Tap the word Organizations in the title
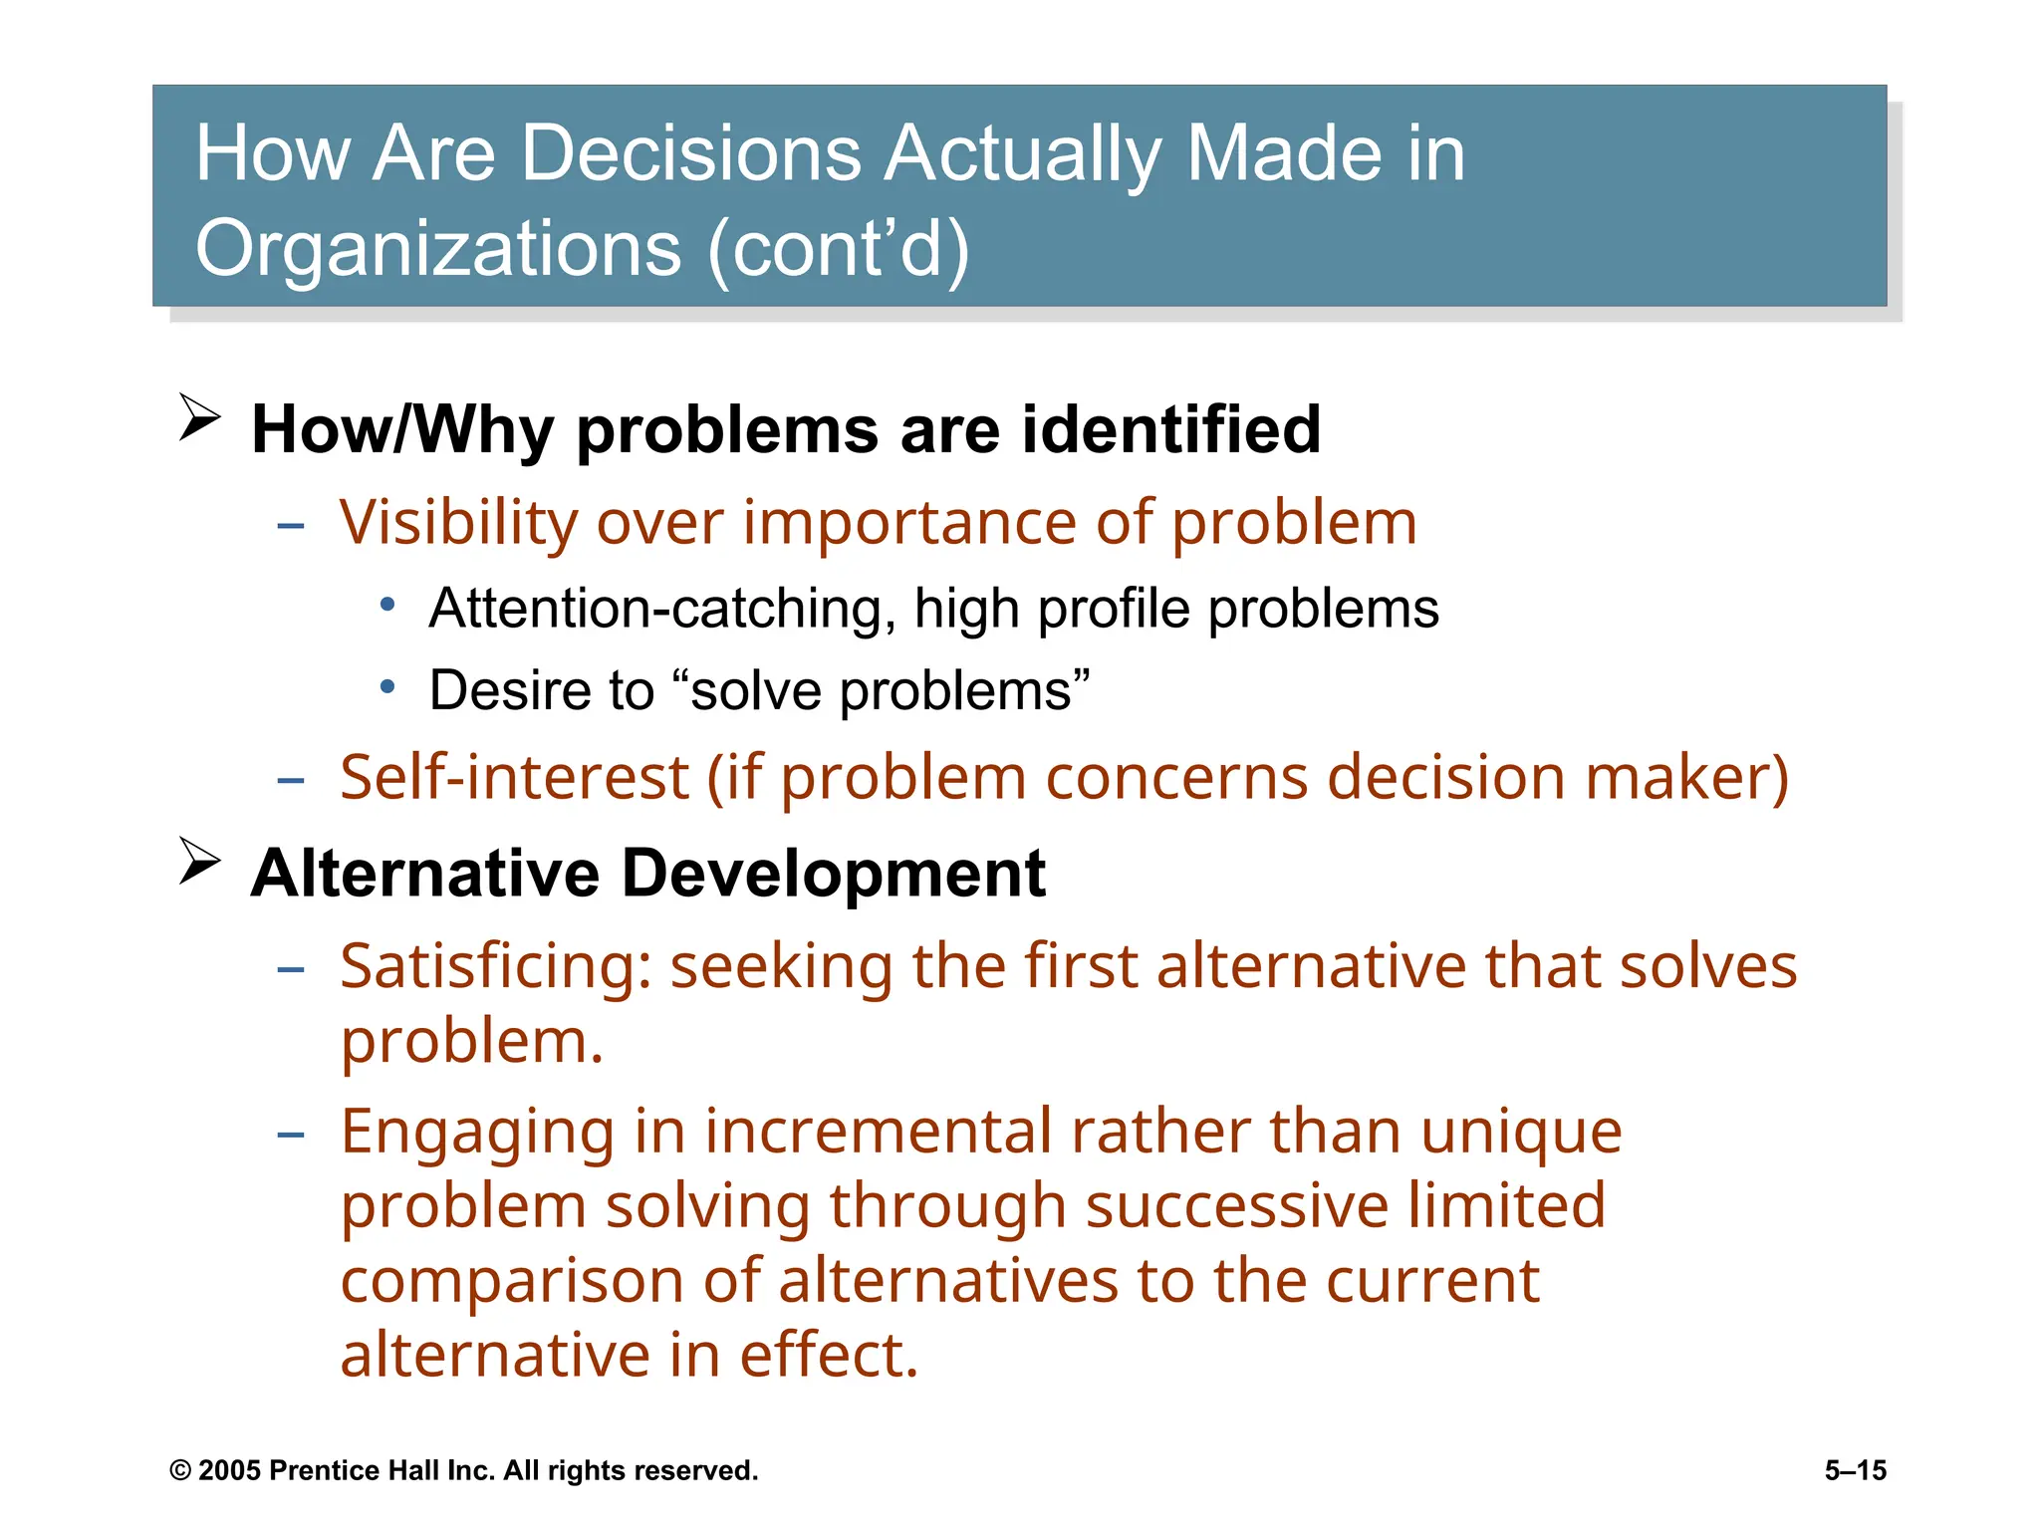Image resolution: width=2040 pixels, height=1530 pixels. (438, 248)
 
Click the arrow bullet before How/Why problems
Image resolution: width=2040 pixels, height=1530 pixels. (199, 417)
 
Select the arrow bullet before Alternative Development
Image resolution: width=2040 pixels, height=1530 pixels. (199, 861)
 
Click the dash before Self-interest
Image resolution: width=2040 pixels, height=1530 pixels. (291, 780)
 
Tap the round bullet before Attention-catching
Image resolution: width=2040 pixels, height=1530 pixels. (388, 604)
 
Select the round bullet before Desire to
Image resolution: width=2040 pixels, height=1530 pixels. (388, 686)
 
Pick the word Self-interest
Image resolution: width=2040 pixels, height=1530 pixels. (514, 777)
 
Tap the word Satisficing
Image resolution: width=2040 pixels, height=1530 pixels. (495, 967)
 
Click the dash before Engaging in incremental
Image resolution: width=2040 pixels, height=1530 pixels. (291, 1135)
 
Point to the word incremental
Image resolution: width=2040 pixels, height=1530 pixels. (877, 1132)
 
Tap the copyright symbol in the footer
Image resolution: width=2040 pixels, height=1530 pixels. (180, 1471)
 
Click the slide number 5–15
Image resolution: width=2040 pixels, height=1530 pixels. (1855, 1471)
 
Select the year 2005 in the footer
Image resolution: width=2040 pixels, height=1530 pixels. (229, 1471)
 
